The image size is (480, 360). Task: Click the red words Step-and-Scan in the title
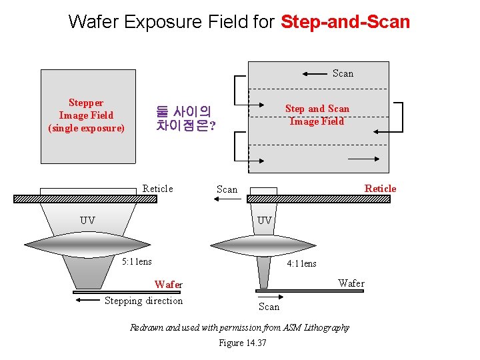[x=345, y=21]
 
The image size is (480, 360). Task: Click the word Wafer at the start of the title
[x=94, y=21]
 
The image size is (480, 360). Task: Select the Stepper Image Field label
[x=86, y=115]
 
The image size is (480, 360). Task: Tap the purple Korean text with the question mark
[x=185, y=118]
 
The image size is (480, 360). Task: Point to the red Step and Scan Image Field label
[x=317, y=115]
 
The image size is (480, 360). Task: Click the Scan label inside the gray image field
[x=343, y=73]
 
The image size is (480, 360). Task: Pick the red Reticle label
[x=380, y=189]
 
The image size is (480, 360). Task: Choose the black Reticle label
[x=157, y=189]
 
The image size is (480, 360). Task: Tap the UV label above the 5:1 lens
[x=87, y=220]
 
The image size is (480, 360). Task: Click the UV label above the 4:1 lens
[x=265, y=220]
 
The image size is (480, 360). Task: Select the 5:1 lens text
[x=137, y=261]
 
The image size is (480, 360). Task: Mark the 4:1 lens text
[x=301, y=263]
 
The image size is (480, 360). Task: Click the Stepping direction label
[x=143, y=301]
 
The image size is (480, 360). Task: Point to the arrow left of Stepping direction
[x=88, y=301]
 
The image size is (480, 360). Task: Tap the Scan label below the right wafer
[x=269, y=307]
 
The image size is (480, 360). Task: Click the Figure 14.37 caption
[x=242, y=343]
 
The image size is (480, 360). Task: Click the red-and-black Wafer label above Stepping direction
[x=168, y=285]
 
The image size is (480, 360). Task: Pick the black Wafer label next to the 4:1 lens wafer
[x=351, y=283]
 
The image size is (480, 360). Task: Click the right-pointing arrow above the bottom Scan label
[x=268, y=297]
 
